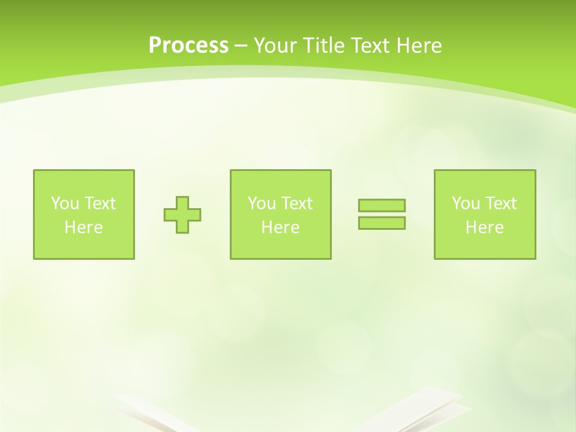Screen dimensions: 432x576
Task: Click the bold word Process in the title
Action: [x=188, y=46]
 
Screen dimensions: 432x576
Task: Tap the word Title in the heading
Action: [x=321, y=46]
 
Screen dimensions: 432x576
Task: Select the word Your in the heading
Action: [x=275, y=46]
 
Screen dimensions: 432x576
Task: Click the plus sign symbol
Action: [x=182, y=215]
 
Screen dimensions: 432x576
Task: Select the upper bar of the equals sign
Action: [x=382, y=205]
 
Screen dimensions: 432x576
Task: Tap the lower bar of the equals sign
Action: [x=382, y=223]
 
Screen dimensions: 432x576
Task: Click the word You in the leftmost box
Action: [x=65, y=203]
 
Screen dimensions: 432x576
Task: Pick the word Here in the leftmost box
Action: [x=83, y=227]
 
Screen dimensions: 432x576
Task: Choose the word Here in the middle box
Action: [x=280, y=227]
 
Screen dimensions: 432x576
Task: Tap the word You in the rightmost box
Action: [x=466, y=203]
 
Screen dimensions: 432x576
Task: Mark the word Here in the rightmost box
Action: [x=484, y=227]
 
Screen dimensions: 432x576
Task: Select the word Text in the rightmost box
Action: [x=501, y=203]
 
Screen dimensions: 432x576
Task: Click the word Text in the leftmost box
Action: [x=100, y=203]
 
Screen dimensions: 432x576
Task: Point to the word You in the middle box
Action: [x=262, y=203]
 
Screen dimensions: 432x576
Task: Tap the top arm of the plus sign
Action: [x=182, y=202]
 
